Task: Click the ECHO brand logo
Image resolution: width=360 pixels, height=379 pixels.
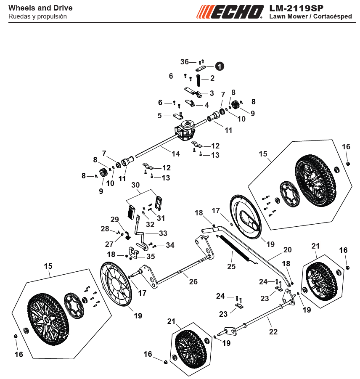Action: [230, 12]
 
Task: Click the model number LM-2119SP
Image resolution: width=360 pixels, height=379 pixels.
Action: [296, 8]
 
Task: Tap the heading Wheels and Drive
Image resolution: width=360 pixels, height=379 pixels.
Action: [40, 8]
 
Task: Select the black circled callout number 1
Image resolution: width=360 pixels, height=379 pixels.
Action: [220, 66]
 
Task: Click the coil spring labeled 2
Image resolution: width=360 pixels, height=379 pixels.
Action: [199, 80]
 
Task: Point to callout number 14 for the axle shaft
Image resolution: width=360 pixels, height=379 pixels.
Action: [176, 154]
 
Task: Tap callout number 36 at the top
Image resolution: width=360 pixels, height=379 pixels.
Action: [184, 62]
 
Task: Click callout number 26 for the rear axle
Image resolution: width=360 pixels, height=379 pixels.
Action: [193, 281]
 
